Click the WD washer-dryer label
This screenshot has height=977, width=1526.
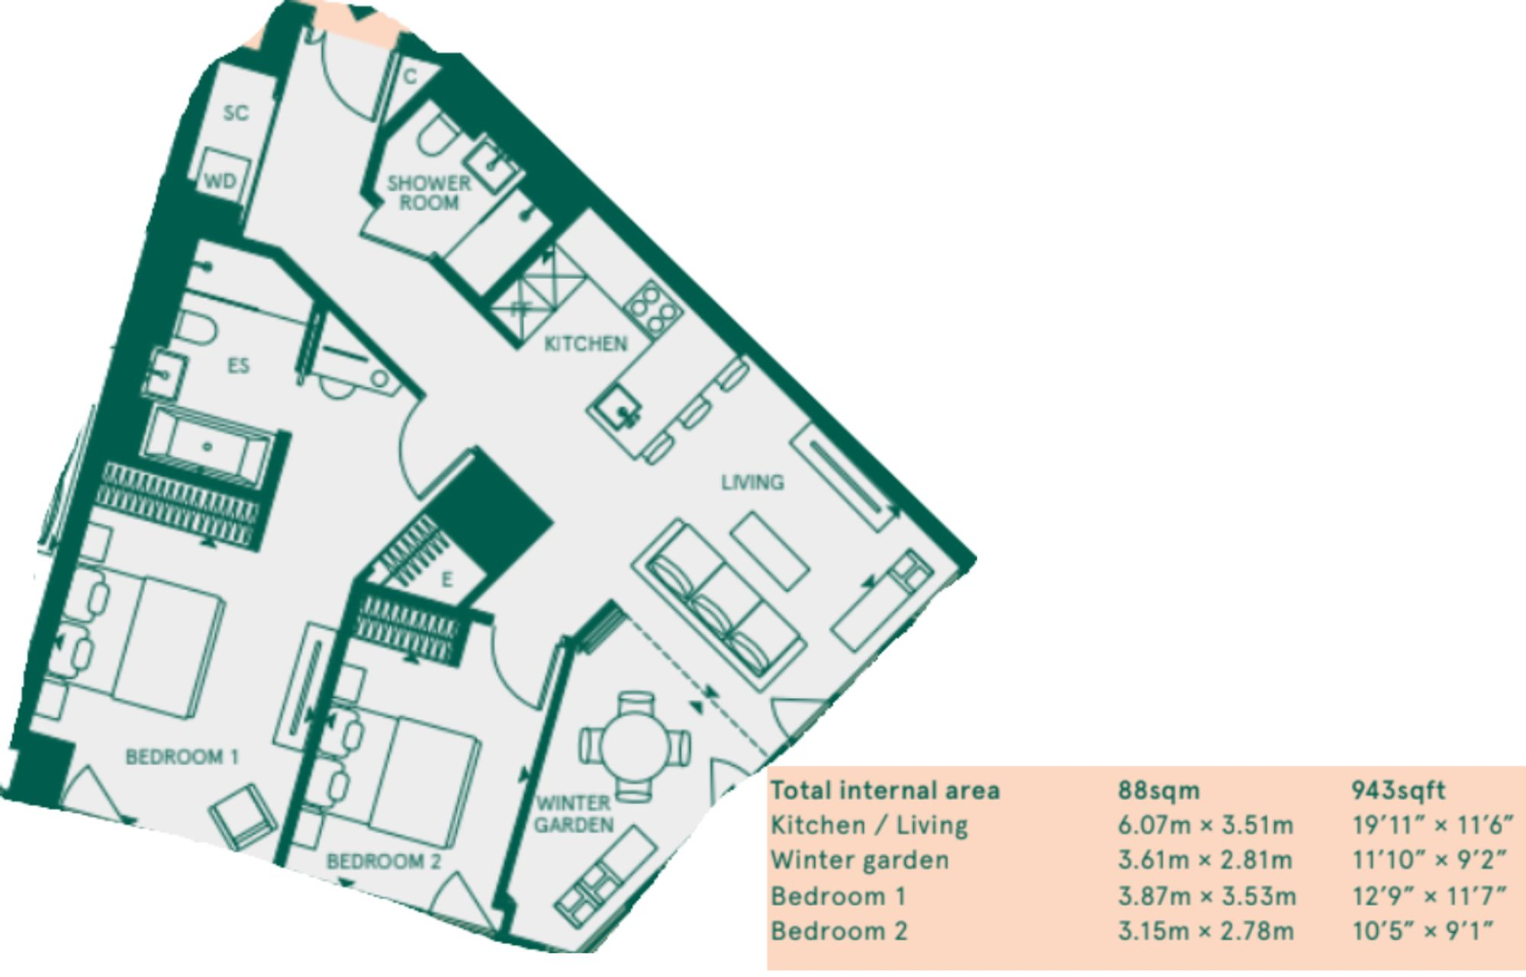221,182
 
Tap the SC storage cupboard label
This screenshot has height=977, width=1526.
236,113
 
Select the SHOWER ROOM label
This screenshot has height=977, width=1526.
429,193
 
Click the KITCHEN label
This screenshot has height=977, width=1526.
585,344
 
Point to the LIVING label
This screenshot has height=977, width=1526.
752,482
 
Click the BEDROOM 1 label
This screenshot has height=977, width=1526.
182,757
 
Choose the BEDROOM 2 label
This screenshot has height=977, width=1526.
384,861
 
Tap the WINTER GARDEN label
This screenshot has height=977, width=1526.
574,814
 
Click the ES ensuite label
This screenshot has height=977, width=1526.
238,366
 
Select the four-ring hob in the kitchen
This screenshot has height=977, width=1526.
654,308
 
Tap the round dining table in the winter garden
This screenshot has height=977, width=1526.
636,746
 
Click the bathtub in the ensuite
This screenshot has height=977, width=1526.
207,447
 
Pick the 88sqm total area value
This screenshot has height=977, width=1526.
1158,790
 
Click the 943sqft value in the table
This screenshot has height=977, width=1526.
1398,790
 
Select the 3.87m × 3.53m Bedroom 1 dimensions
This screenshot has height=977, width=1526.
1206,895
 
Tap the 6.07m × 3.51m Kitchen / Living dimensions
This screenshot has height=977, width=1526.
1206,825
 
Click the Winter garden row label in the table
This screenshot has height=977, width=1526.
860,860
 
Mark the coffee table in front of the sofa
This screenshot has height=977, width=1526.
770,550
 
